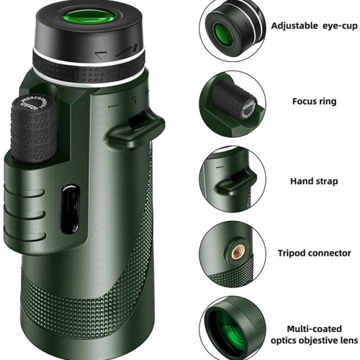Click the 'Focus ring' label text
[x=313, y=102]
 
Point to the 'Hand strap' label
[x=314, y=181]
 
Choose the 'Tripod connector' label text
[x=315, y=253]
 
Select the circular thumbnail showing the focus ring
[x=230, y=104]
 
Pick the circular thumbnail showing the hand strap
[x=230, y=180]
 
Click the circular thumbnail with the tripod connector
[x=230, y=253]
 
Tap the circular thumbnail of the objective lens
[x=230, y=328]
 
